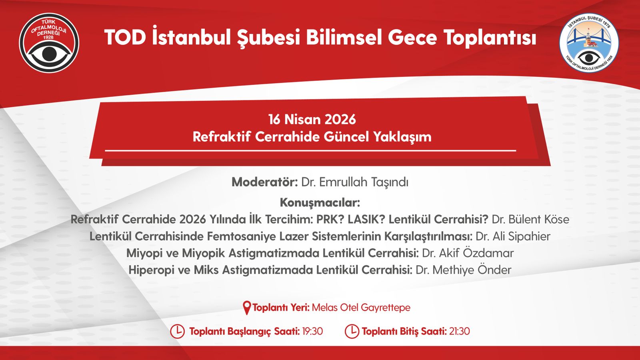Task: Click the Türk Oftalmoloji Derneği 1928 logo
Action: click(49, 43)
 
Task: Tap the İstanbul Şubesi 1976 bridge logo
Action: click(589, 43)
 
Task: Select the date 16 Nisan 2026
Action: click(312, 120)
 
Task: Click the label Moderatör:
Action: click(264, 182)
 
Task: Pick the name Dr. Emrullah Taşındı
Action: click(355, 182)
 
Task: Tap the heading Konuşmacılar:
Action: click(320, 202)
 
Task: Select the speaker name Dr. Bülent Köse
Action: click(530, 220)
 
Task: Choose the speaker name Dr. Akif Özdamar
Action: click(468, 253)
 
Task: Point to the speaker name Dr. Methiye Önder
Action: click(464, 270)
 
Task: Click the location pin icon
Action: click(247, 308)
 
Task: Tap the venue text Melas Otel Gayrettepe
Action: click(361, 308)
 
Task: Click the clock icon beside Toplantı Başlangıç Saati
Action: click(178, 332)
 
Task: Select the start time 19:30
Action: click(312, 332)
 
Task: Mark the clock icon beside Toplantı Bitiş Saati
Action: click(352, 332)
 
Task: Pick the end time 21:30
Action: click(460, 332)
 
